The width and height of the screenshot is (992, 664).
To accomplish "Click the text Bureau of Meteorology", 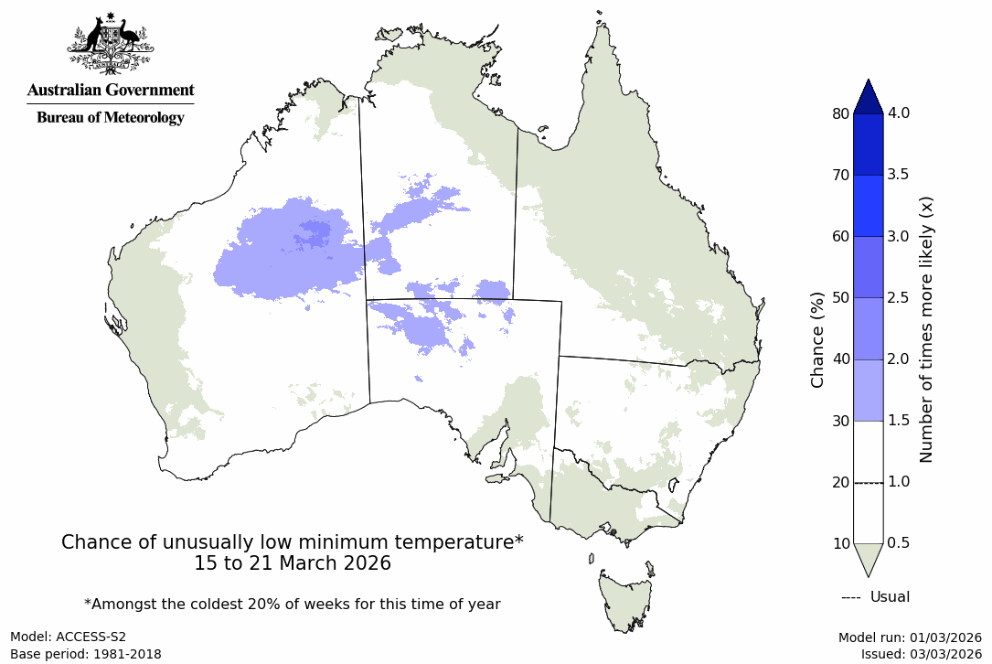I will pos(110,117).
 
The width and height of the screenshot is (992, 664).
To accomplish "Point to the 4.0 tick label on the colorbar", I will pos(905,113).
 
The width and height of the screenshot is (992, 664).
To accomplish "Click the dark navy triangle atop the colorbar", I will pos(869,96).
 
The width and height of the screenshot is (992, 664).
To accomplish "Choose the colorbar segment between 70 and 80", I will pos(869,145).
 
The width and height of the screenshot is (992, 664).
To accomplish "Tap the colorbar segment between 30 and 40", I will pos(869,390).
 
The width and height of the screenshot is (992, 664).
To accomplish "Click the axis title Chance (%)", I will pos(817,339).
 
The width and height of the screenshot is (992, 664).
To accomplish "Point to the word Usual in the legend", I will pos(890,597).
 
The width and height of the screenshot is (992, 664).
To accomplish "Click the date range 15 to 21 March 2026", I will pos(293,563).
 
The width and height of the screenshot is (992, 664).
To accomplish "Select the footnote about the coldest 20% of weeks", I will pos(293,604).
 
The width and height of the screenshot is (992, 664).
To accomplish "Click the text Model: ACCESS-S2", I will pos(69,637).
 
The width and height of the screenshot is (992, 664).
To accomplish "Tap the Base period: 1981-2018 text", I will pos(86,654).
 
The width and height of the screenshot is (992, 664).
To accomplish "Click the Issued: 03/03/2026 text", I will pos(921,654).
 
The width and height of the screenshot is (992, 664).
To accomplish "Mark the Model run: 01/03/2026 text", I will pos(910,637).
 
